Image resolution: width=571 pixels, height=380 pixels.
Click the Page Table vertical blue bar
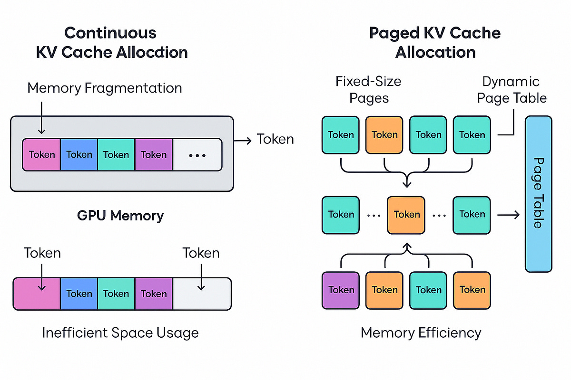pyautogui.click(x=539, y=194)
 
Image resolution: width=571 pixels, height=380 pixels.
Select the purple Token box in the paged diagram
pyautogui.click(x=341, y=289)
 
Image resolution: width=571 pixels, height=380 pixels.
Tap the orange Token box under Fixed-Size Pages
pyautogui.click(x=384, y=135)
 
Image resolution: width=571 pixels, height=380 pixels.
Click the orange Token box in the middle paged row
pyautogui.click(x=406, y=215)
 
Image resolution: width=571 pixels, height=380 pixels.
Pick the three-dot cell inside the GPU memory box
pyautogui.click(x=197, y=155)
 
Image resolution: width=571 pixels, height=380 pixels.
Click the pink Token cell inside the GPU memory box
pyautogui.click(x=42, y=155)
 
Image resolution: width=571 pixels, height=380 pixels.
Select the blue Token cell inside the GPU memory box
pyautogui.click(x=79, y=155)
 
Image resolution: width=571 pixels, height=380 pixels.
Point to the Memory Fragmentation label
pyautogui.click(x=105, y=88)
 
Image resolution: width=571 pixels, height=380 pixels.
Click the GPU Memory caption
pyautogui.click(x=120, y=216)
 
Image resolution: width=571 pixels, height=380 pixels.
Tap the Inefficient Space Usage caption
pyautogui.click(x=120, y=332)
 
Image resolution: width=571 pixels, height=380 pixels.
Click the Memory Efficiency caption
pyautogui.click(x=421, y=332)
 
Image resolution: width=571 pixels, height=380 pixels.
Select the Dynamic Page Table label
pyautogui.click(x=512, y=90)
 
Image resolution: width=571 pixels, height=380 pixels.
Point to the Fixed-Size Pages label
pyautogui.click(x=369, y=90)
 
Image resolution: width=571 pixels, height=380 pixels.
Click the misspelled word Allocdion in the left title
pyautogui.click(x=152, y=52)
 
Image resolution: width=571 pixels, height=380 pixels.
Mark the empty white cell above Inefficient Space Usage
pyautogui.click(x=202, y=294)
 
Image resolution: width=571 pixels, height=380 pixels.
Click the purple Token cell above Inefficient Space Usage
pyautogui.click(x=153, y=294)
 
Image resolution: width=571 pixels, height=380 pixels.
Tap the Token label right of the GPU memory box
pyautogui.click(x=275, y=139)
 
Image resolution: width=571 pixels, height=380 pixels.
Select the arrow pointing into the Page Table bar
pyautogui.click(x=509, y=215)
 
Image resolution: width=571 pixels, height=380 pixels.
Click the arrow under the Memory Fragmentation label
pyautogui.click(x=41, y=116)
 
